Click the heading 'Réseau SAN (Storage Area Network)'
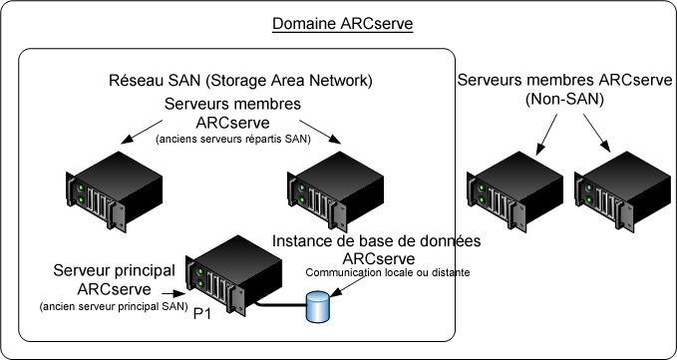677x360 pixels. (239, 81)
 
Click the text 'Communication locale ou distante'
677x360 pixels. (387, 272)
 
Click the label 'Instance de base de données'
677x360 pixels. (383, 242)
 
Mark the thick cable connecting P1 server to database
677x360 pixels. (273, 305)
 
